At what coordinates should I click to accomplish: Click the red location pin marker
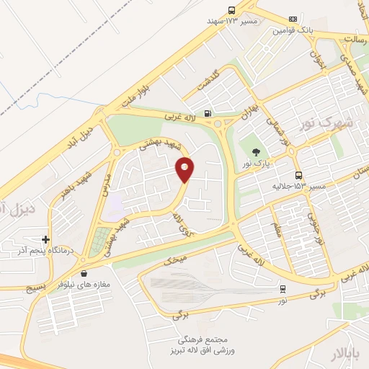(185, 169)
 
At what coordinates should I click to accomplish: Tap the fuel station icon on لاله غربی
(208, 112)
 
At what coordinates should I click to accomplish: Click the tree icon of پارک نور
(256, 151)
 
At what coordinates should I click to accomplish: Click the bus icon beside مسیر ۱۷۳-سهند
(231, 10)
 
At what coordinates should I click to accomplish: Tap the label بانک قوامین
(292, 31)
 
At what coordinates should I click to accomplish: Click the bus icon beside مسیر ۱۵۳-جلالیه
(298, 175)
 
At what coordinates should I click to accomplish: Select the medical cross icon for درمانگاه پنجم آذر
(45, 239)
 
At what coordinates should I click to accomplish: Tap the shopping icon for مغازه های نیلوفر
(85, 273)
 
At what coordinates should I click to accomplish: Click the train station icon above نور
(283, 289)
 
